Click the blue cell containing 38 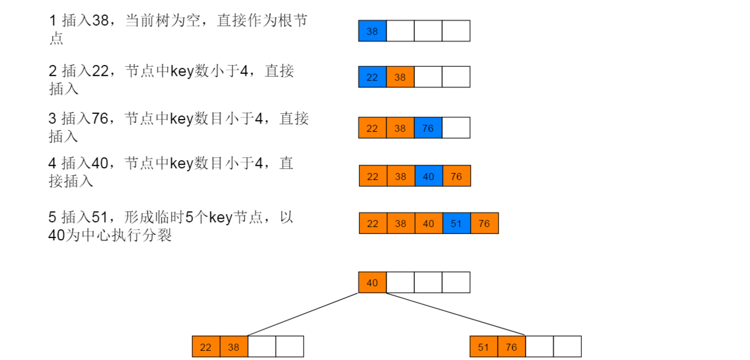pos(372,31)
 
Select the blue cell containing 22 pos(372,77)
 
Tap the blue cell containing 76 pos(428,128)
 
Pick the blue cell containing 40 pos(429,176)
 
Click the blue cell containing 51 pos(456,223)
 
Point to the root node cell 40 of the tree pos(372,282)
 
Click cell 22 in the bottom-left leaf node pos(206,347)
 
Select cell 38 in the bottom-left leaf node pos(234,347)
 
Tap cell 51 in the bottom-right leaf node pos(484,347)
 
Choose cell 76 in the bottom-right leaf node pos(512,347)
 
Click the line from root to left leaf pos(303,314)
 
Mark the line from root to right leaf pos(455,314)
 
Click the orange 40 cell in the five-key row pos(429,223)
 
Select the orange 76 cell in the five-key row pos(485,223)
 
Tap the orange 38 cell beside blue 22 pos(400,77)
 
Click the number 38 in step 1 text pos(100,21)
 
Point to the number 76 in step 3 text pos(100,118)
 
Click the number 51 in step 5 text pos(100,217)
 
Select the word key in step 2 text pos(182,72)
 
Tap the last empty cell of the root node pos(456,282)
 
